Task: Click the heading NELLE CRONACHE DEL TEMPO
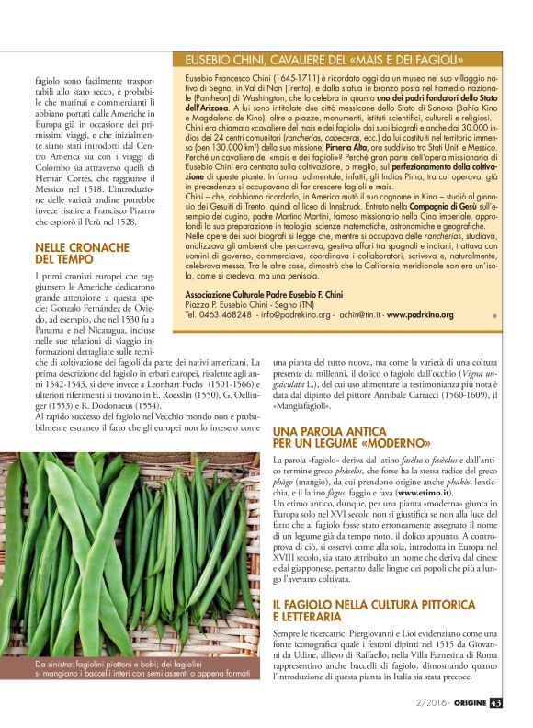(82, 255)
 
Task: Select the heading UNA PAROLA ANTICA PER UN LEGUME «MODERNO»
(346, 437)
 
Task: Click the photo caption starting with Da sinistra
(143, 673)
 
